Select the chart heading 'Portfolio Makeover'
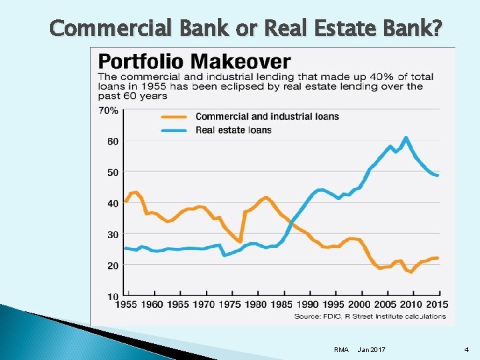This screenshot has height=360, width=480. [x=194, y=62]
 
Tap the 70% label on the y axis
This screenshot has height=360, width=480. [x=109, y=111]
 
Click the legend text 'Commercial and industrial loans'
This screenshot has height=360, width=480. [x=267, y=117]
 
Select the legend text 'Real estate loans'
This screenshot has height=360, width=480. [x=233, y=130]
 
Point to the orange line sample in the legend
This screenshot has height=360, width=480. [x=175, y=117]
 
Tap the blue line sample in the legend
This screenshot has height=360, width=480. [x=175, y=130]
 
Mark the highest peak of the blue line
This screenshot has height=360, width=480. [x=405, y=137]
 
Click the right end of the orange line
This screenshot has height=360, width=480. [x=437, y=257]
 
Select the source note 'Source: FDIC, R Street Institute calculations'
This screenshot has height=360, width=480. [x=370, y=316]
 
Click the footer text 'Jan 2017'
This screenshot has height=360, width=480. [x=371, y=349]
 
